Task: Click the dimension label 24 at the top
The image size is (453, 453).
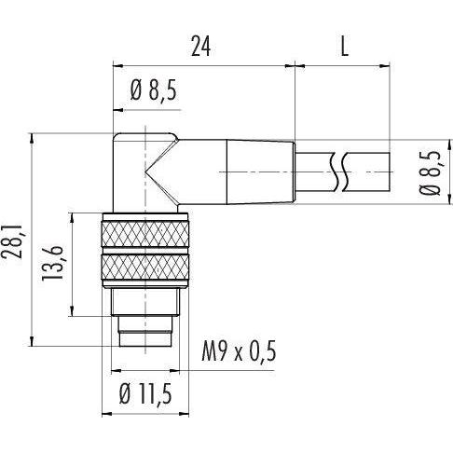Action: click(200, 47)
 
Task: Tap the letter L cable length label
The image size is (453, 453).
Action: click(344, 47)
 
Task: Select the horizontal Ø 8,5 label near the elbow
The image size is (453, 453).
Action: click(154, 90)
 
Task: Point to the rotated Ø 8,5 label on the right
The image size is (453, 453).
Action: click(431, 172)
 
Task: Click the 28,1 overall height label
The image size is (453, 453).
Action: click(12, 239)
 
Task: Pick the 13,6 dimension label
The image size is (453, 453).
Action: click(52, 263)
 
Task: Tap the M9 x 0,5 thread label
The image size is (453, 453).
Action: click(239, 351)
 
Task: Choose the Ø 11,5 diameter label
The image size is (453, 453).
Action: click(145, 394)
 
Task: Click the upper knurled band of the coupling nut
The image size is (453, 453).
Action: click(145, 234)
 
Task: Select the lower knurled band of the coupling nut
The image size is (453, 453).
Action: click(145, 267)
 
